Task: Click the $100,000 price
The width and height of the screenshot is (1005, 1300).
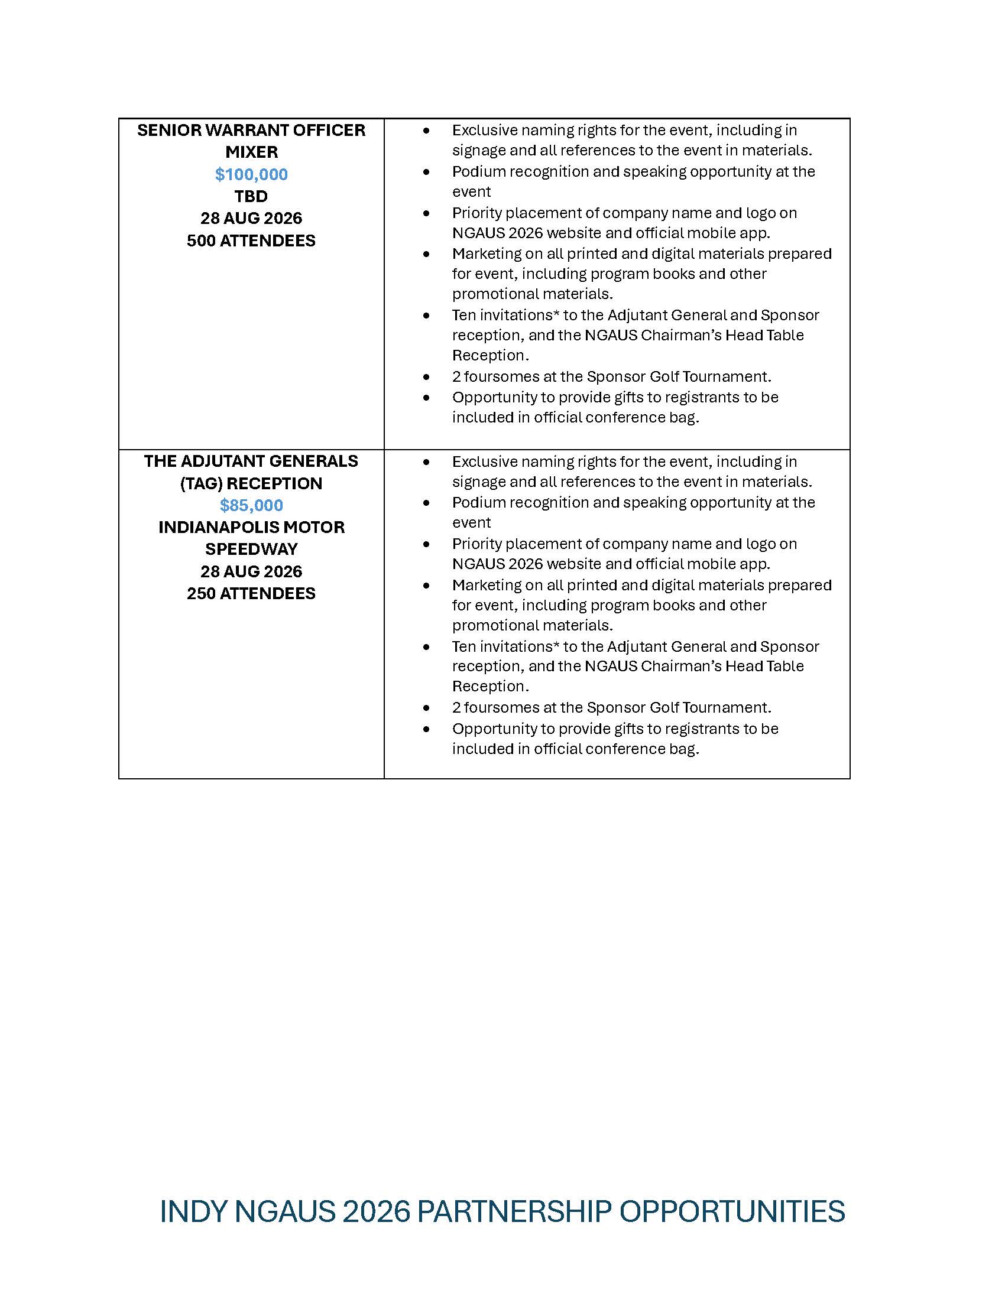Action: pos(251,174)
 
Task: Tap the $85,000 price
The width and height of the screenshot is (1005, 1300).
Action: pos(251,505)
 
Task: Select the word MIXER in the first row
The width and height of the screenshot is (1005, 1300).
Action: pos(251,152)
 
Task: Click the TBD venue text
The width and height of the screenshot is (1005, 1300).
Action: pos(251,196)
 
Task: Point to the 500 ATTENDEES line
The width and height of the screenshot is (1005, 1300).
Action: pos(251,240)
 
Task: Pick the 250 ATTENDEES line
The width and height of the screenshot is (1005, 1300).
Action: pos(251,593)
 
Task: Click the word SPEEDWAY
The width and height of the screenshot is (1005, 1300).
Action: pos(251,549)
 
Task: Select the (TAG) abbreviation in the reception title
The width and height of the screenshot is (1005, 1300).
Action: pos(201,483)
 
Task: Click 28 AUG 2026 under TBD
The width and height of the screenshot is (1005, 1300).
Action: pos(251,219)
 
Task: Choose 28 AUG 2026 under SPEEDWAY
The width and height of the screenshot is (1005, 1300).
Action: pos(251,571)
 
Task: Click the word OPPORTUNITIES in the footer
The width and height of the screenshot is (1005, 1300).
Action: pos(732,1211)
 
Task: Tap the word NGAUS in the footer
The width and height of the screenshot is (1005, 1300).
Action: pos(285,1211)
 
